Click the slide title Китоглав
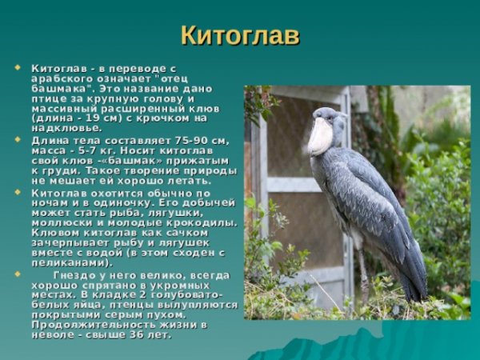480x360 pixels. click(239, 35)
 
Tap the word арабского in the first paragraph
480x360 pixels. click(59, 78)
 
